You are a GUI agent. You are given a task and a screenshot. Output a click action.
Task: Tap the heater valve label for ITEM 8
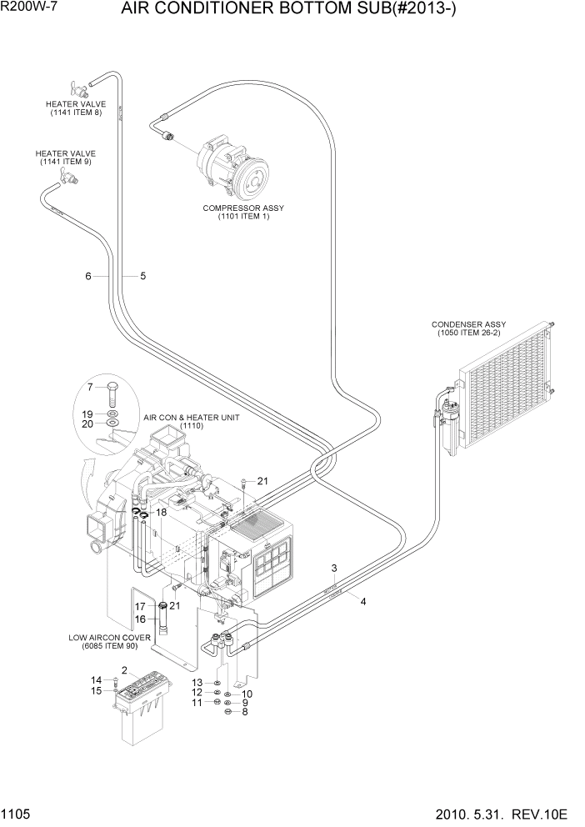(75, 108)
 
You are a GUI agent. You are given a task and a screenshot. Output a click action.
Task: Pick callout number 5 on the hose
(142, 276)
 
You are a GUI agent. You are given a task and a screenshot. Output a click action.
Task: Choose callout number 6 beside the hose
(87, 276)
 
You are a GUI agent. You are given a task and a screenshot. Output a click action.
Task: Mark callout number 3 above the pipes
(333, 569)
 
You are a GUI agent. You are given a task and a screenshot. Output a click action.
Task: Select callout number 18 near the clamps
(162, 512)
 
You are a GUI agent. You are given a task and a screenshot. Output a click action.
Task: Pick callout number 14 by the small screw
(96, 679)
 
